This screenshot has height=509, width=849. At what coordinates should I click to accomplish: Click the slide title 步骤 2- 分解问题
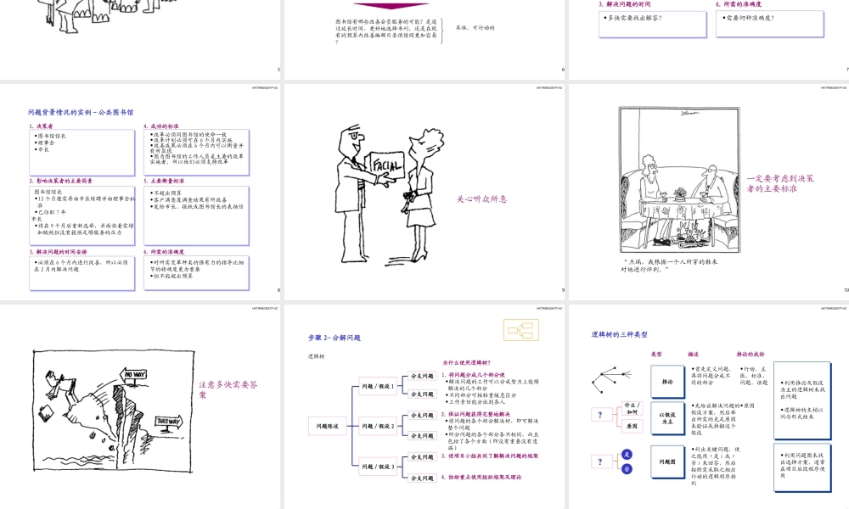[335, 338]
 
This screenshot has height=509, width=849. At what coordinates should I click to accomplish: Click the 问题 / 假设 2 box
[379, 426]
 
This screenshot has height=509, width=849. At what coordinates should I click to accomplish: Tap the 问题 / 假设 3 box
[379, 467]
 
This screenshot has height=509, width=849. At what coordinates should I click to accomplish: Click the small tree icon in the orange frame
[517, 330]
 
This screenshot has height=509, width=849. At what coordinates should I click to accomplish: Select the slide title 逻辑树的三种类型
[620, 335]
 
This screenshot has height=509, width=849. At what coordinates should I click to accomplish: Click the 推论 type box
[666, 382]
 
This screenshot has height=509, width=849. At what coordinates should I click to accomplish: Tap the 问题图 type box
[666, 462]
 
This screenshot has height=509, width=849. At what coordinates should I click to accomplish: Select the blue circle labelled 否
[627, 469]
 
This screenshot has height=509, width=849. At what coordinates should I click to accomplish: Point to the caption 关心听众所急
[481, 199]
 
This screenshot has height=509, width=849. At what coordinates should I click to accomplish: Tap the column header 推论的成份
[751, 354]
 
